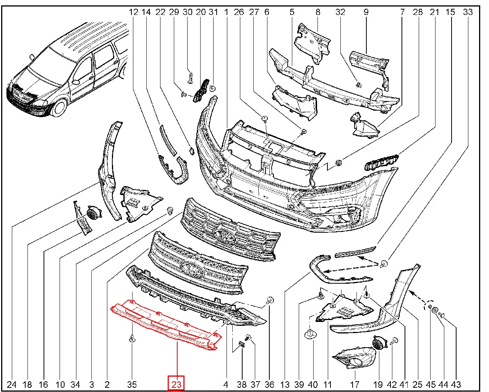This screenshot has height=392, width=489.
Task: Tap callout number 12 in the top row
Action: [133, 12]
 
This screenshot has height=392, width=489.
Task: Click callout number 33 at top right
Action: [468, 12]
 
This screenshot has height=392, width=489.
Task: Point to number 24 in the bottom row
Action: [12, 384]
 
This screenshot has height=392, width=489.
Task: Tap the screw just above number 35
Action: [132, 338]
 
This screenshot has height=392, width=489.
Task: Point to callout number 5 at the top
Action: [292, 12]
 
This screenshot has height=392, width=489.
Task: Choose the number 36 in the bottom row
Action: [269, 384]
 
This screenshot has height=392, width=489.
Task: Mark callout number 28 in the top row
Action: [418, 12]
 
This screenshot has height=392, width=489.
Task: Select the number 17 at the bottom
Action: [355, 384]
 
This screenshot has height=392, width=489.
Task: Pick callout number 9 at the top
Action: [366, 12]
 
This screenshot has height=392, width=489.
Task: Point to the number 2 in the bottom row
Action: [107, 384]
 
